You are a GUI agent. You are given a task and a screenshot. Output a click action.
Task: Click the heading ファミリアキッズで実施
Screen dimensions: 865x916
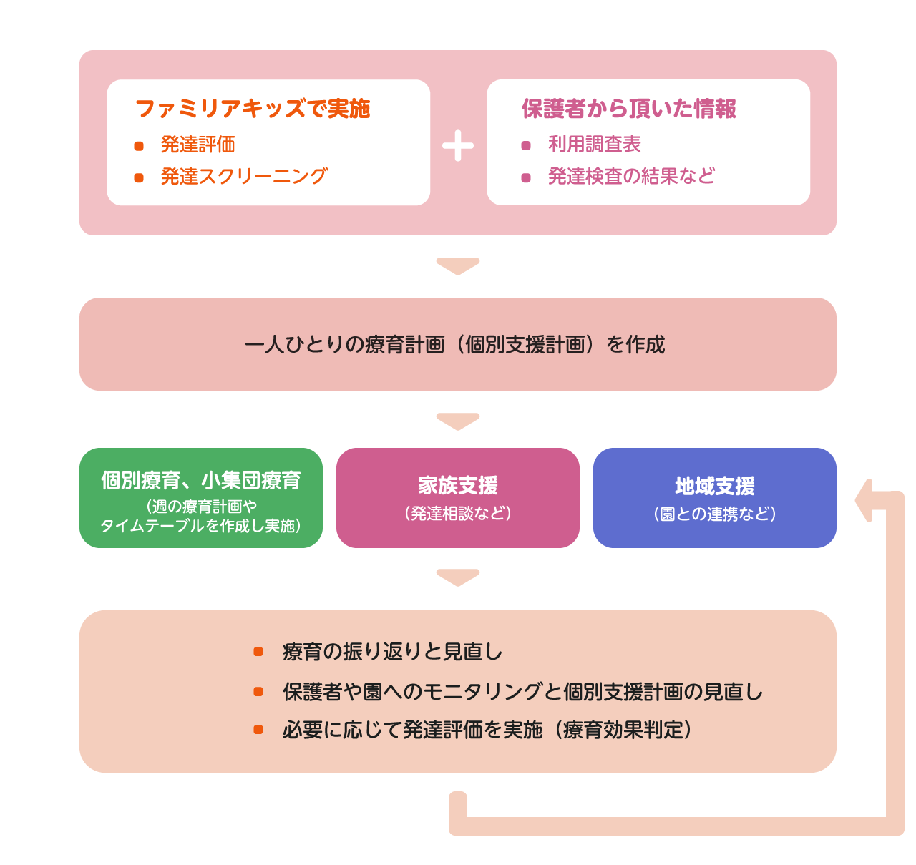click(253, 109)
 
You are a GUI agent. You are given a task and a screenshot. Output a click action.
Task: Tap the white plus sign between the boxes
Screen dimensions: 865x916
click(458, 146)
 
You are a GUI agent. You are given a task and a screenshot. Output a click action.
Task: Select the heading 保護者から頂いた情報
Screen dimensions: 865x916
click(628, 109)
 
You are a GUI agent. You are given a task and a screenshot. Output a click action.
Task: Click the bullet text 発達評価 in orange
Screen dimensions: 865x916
click(198, 145)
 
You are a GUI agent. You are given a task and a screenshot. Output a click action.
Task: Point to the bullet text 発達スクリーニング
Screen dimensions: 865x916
click(244, 177)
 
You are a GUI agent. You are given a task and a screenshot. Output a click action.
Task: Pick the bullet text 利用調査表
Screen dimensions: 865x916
click(594, 145)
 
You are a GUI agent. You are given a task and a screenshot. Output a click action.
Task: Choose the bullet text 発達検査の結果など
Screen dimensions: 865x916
click(631, 177)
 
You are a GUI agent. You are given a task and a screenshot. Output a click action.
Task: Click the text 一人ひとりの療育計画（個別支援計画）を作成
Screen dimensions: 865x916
click(455, 345)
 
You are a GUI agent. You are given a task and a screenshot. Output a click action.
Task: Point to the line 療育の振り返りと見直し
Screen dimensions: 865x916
click(392, 652)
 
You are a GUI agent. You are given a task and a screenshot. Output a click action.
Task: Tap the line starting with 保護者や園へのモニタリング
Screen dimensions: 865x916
click(522, 692)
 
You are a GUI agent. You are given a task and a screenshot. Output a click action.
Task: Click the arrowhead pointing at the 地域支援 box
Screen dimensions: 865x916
click(864, 500)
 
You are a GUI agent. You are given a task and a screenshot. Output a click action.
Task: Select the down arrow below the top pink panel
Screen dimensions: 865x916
click(458, 265)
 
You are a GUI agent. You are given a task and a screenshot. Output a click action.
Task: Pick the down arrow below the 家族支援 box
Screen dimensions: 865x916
click(458, 577)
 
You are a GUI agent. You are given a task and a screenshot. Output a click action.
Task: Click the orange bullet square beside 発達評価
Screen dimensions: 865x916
click(139, 146)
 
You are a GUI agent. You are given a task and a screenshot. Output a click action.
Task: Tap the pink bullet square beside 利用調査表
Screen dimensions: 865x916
click(526, 146)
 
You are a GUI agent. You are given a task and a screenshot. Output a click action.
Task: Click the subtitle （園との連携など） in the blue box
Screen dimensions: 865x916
click(715, 514)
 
